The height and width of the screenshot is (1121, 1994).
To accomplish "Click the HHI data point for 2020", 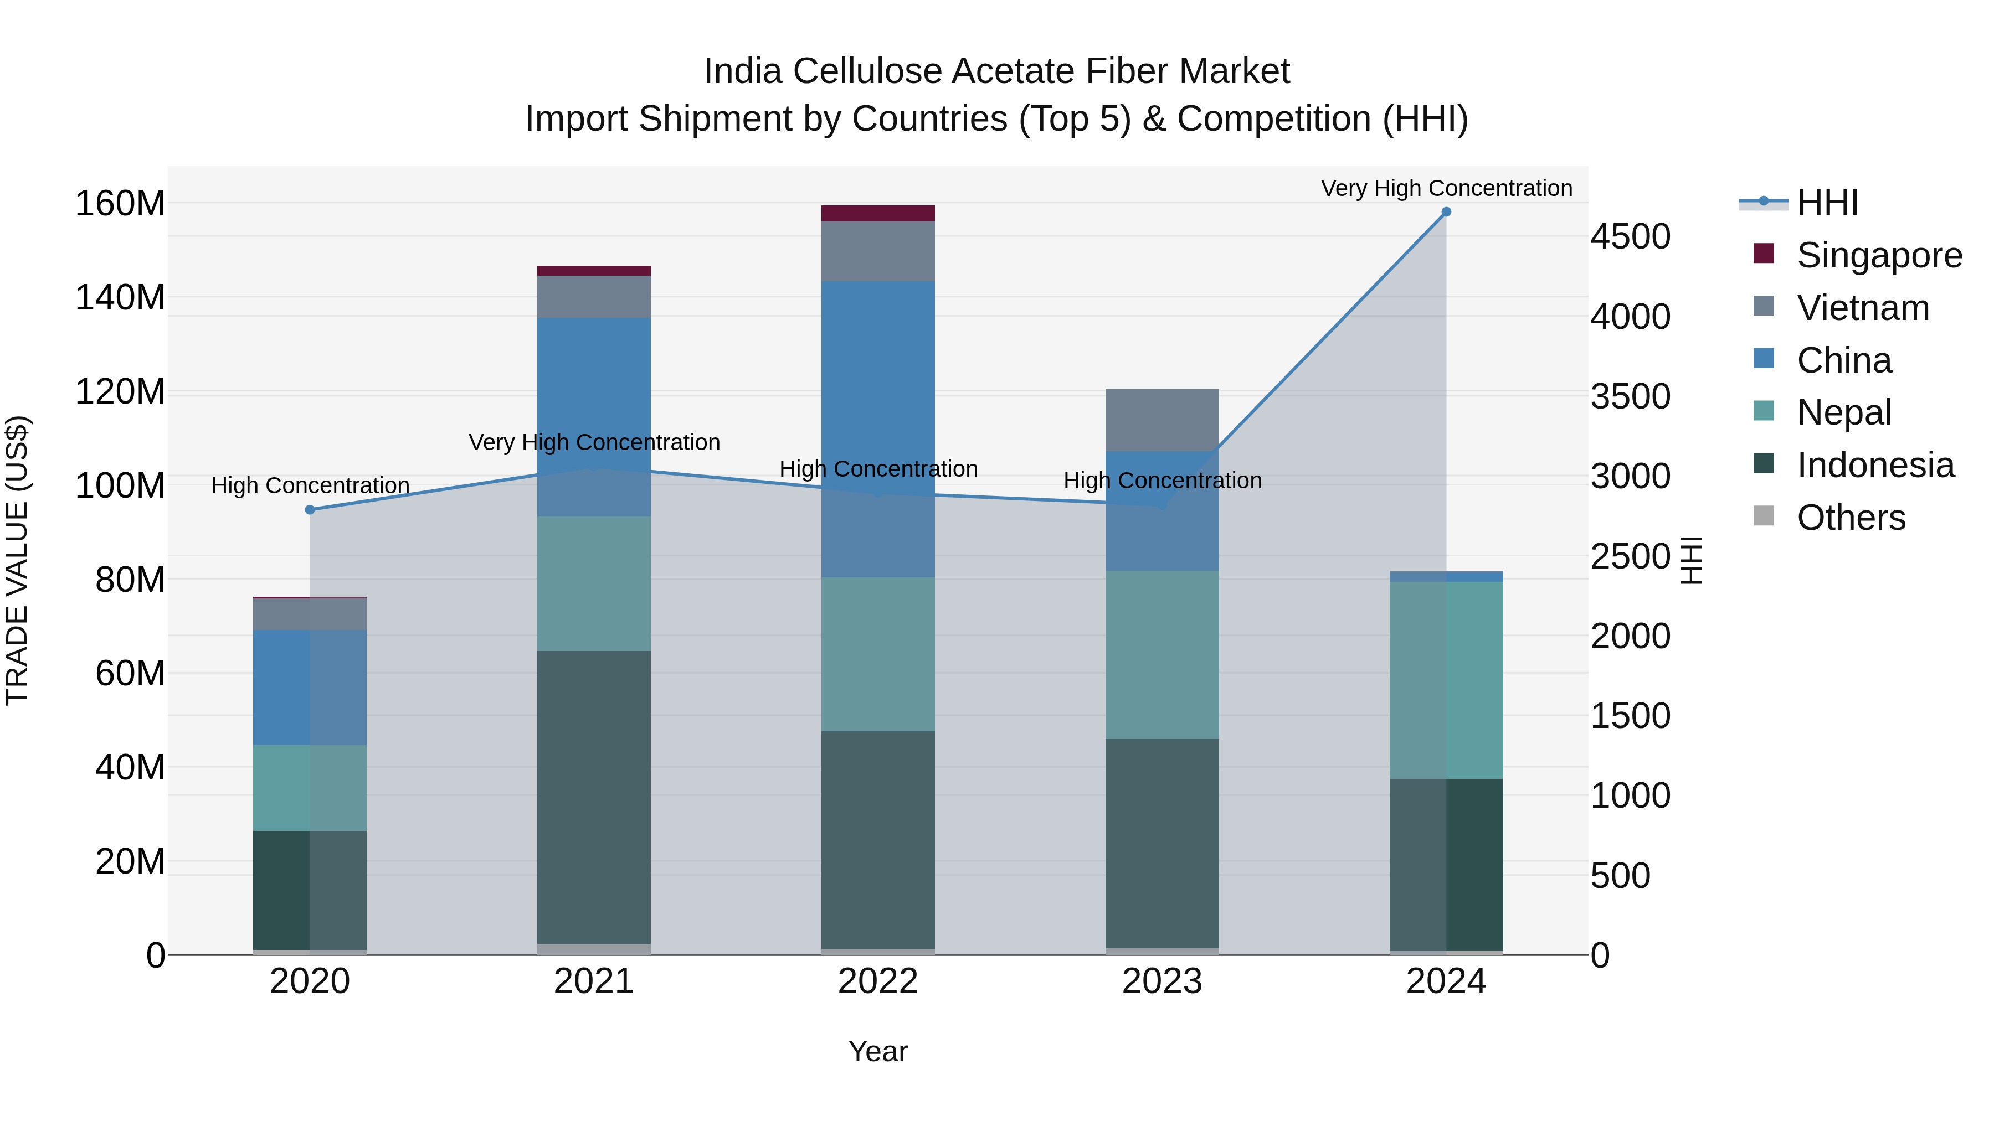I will tap(310, 510).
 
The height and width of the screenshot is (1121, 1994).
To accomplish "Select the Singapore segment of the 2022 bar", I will tap(878, 214).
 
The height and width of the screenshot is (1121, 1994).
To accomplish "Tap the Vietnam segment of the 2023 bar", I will tap(1162, 420).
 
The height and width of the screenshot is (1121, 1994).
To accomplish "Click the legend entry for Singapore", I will tap(1879, 255).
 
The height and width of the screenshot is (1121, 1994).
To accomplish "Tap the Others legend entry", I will tap(1850, 518).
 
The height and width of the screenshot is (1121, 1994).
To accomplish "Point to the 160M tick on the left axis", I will tap(120, 204).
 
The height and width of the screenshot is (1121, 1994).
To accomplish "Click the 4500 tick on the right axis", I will tap(1630, 237).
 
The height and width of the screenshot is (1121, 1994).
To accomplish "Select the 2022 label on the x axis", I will tap(878, 981).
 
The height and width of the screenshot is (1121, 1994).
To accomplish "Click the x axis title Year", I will tap(878, 1051).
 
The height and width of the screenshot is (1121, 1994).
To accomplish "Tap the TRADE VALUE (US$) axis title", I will tap(17, 560).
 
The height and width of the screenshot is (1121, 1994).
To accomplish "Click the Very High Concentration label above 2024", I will tap(1446, 188).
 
